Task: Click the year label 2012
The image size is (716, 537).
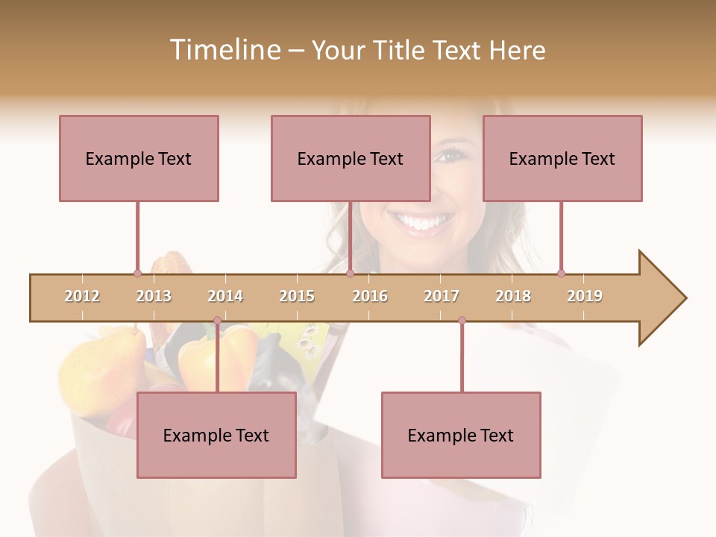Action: [82, 296]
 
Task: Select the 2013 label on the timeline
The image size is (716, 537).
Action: [154, 296]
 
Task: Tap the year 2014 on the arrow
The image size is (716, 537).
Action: [225, 296]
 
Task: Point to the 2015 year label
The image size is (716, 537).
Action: [297, 296]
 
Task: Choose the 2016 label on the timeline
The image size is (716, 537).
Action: [370, 296]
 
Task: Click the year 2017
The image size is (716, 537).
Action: [442, 296]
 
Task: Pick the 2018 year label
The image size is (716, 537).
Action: [513, 296]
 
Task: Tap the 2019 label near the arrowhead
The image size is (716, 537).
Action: [585, 296]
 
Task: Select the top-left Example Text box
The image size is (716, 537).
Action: [139, 158]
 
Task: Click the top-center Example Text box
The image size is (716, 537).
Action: [351, 158]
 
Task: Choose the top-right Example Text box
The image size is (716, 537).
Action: [562, 158]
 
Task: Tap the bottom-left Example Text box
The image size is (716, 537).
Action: [216, 435]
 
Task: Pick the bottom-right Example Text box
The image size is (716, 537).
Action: [461, 435]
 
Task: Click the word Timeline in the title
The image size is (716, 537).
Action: [224, 50]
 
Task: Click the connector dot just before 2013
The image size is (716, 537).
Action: [137, 274]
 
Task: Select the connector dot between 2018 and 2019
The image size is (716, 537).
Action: [561, 274]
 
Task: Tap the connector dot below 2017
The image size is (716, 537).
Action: [462, 321]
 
